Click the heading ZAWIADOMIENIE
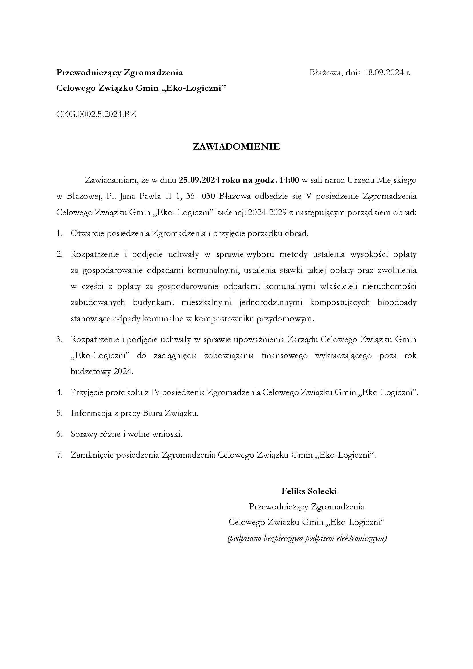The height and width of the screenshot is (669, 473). (236, 146)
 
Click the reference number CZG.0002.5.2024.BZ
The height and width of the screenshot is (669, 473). (96, 114)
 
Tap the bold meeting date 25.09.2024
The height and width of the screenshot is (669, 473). (199, 180)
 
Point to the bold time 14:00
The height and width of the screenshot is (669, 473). (289, 180)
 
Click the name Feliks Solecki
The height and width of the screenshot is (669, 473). (309, 491)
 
